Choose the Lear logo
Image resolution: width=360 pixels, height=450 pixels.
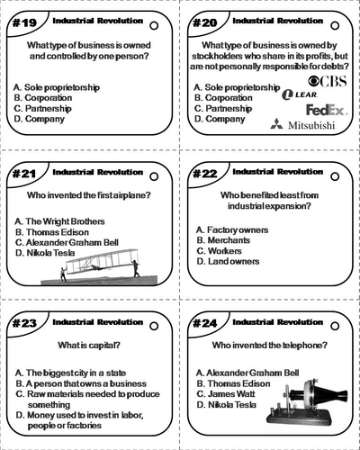[x=299, y=94]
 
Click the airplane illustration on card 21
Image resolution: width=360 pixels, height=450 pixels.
[x=98, y=263]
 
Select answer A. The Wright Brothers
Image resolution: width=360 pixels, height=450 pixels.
[x=57, y=220]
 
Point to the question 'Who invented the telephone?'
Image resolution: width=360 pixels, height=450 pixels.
[x=269, y=345]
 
